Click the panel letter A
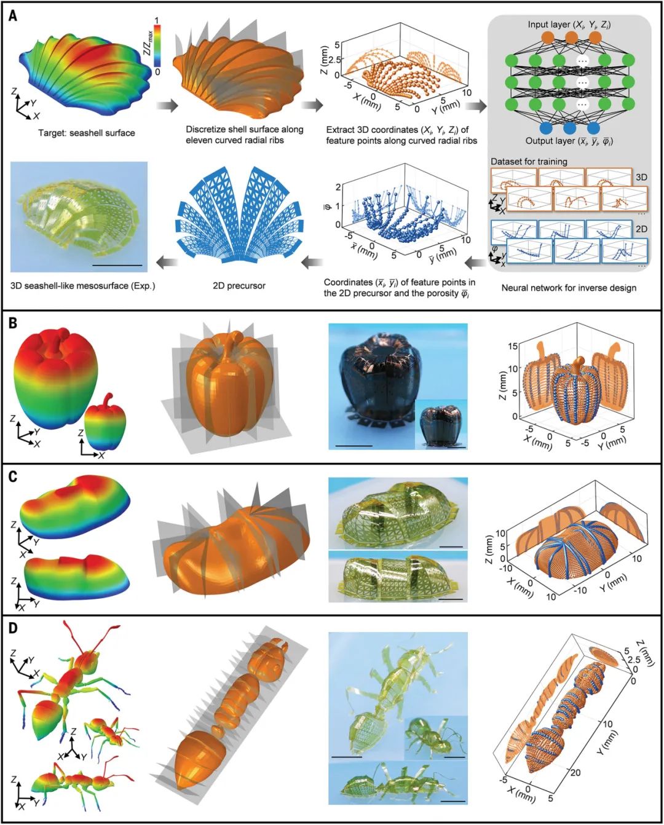pos(13,16)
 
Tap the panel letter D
pos(13,629)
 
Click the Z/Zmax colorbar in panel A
pos(157,46)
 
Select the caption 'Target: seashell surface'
pos(87,133)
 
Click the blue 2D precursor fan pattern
pos(239,215)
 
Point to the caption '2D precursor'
pos(239,286)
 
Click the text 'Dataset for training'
pos(529,162)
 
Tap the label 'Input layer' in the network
pos(548,25)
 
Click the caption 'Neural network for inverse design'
pos(569,288)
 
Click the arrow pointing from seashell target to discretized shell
pos(168,105)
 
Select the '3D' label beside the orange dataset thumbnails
pos(641,178)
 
